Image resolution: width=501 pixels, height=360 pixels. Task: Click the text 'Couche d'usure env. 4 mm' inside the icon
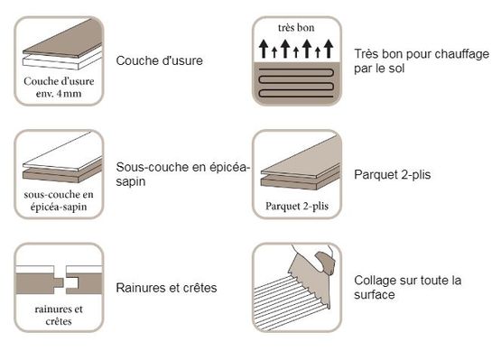pos(59,88)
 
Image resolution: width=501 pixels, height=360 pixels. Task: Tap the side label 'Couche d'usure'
pos(160,60)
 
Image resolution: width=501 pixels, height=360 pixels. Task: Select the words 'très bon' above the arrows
pos(296,28)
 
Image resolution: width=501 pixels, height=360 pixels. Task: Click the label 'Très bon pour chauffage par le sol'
pos(422,61)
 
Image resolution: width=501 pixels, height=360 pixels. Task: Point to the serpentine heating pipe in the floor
pos(296,83)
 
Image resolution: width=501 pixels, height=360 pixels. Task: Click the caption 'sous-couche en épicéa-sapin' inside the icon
pos(59,200)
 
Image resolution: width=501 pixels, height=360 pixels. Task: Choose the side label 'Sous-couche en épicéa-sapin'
pos(182,174)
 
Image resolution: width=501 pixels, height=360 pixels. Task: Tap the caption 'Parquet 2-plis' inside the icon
pos(297,206)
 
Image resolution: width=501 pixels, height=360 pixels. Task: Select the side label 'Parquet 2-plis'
pos(393,175)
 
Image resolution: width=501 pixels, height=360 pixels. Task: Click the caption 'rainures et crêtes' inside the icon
pos(59,315)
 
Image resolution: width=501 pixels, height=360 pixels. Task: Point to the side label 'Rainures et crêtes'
pos(166,288)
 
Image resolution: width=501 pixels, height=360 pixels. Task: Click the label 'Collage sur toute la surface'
pos(408,287)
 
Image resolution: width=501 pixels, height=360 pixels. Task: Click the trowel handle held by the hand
pos(325,263)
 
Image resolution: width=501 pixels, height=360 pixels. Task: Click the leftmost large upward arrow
pos(264,49)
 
